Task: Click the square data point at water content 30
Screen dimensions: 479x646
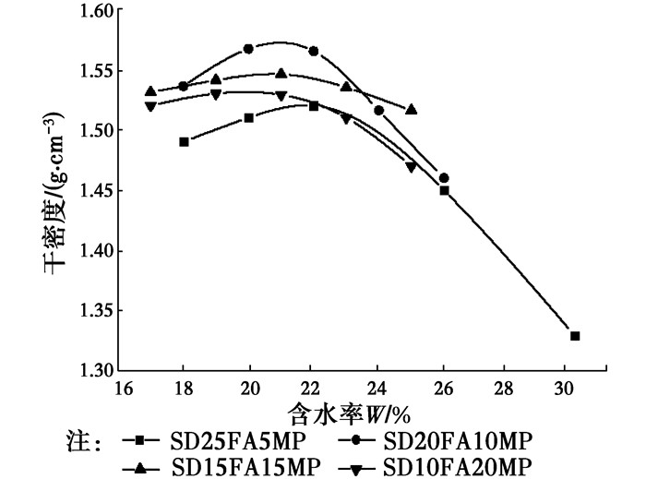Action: [575, 336]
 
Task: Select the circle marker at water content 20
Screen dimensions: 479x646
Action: [249, 49]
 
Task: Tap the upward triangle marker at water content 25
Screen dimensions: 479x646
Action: [411, 109]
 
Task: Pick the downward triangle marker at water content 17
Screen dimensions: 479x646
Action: [150, 106]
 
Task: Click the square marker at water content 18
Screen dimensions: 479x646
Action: [185, 142]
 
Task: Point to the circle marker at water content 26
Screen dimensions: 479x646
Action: [444, 178]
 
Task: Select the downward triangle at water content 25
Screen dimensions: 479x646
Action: [412, 167]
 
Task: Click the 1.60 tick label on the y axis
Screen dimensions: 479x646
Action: [92, 11]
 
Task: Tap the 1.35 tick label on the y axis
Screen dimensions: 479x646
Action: [92, 311]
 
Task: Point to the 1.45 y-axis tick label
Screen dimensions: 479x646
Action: [92, 191]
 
